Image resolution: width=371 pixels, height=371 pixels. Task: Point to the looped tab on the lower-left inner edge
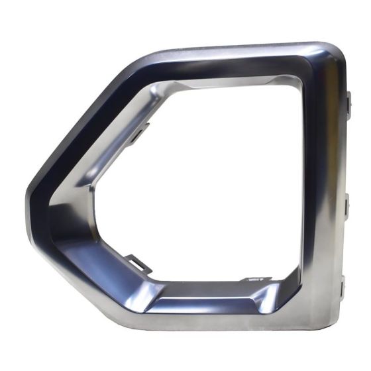coord(136,264)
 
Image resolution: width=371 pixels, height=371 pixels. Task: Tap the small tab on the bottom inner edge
coord(254,280)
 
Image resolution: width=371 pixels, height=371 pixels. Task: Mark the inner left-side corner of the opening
coord(94,199)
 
